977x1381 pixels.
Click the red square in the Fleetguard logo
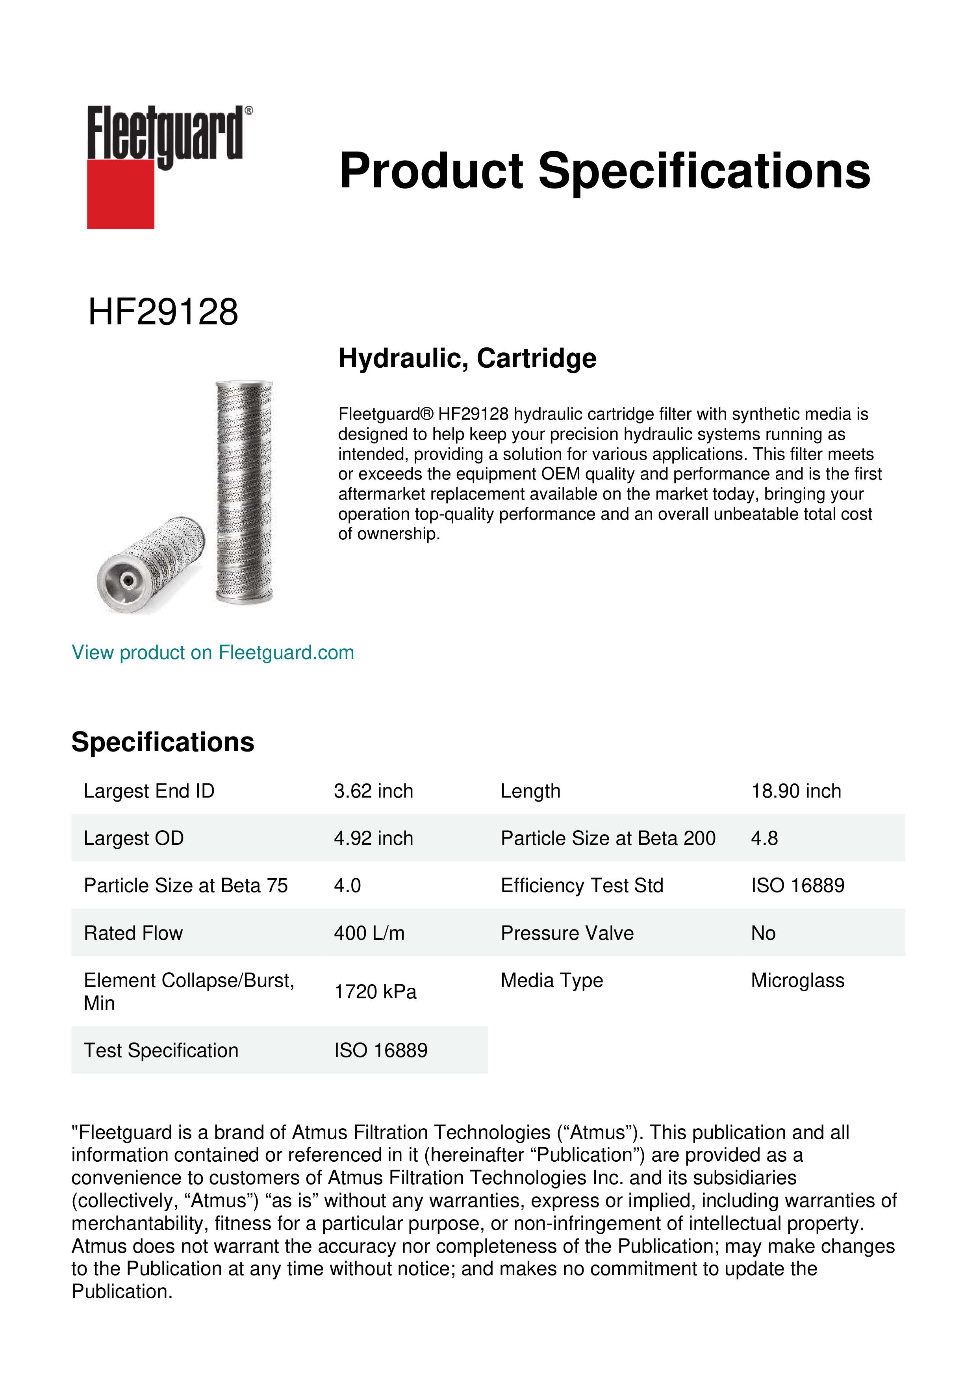(121, 194)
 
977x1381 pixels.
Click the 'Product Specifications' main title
(604, 171)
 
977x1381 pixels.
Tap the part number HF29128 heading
(163, 312)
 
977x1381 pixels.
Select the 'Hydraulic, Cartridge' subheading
(467, 359)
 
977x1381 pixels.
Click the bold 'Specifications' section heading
(162, 742)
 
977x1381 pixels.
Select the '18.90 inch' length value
(795, 791)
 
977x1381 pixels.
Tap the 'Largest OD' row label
(133, 838)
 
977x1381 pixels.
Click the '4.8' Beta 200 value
(764, 838)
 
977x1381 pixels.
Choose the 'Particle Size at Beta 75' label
(185, 885)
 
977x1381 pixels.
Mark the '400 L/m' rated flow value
(369, 933)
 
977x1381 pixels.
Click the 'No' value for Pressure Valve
(763, 933)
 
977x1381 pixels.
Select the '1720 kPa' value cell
(375, 991)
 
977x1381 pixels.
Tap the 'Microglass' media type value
(797, 980)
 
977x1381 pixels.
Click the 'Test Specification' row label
(161, 1050)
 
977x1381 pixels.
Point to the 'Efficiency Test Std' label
(582, 885)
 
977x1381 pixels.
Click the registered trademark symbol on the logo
(249, 111)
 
